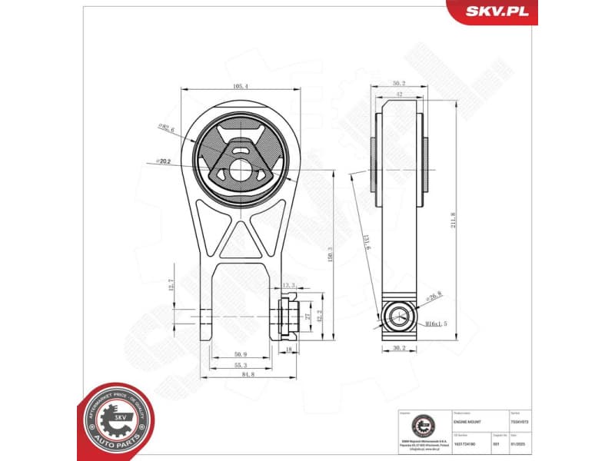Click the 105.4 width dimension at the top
click(x=240, y=87)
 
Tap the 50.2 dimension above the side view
click(x=398, y=84)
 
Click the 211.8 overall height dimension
click(x=454, y=220)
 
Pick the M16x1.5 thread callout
click(x=437, y=323)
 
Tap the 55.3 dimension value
click(x=240, y=365)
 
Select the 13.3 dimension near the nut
click(x=289, y=285)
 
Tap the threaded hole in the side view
click(x=399, y=315)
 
